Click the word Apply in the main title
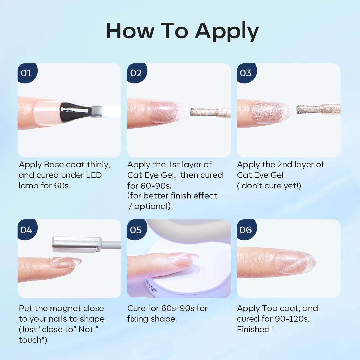click(x=227, y=32)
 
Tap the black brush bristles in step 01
click(x=75, y=111)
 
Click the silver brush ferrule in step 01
click(x=96, y=111)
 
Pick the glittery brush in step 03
click(x=318, y=109)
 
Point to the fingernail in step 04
click(x=66, y=263)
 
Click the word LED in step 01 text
click(x=94, y=175)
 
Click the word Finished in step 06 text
click(x=253, y=329)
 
